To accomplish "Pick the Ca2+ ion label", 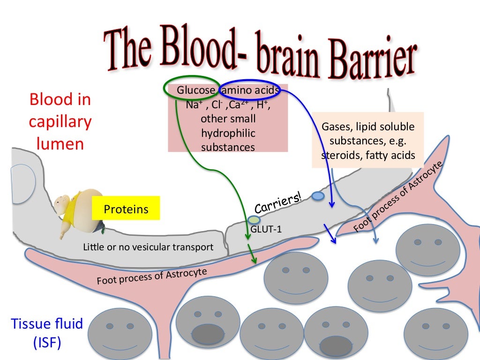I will tap(242, 105).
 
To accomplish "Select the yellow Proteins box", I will tap(126, 209).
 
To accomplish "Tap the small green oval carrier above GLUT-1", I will tap(254, 219).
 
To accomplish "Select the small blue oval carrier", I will tap(317, 196).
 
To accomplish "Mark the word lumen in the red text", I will tap(60, 143).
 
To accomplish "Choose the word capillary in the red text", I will tap(60, 122).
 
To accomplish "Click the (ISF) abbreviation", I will tap(47, 343).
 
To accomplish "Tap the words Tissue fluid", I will tap(47, 323).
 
